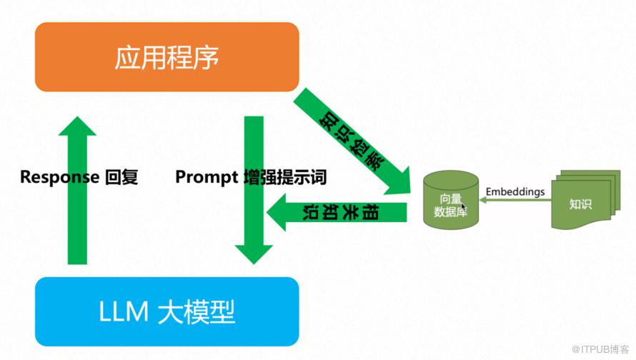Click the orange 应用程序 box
click(x=167, y=56)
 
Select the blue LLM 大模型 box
click(x=167, y=311)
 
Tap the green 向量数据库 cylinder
click(x=451, y=200)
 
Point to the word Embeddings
click(x=515, y=191)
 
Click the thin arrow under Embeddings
click(x=515, y=200)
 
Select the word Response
click(x=59, y=177)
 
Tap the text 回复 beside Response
click(x=121, y=177)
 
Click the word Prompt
click(x=207, y=177)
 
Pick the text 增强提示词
click(x=285, y=177)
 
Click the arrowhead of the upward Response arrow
click(x=77, y=126)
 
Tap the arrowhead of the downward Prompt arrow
click(x=254, y=254)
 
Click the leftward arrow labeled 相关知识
click(x=337, y=212)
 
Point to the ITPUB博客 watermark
click(x=600, y=349)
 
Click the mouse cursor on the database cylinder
click(x=463, y=206)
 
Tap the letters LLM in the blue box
click(x=124, y=311)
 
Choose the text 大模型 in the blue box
click(x=197, y=311)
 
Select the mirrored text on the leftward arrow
click(x=341, y=212)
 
